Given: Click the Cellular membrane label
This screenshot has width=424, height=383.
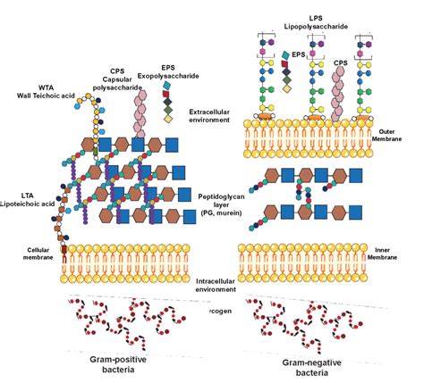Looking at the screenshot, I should pyautogui.click(x=23, y=254).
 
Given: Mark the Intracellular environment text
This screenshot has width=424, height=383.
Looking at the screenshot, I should pyautogui.click(x=219, y=285).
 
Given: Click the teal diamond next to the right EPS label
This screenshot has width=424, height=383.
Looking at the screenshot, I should pyautogui.click(x=285, y=55).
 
